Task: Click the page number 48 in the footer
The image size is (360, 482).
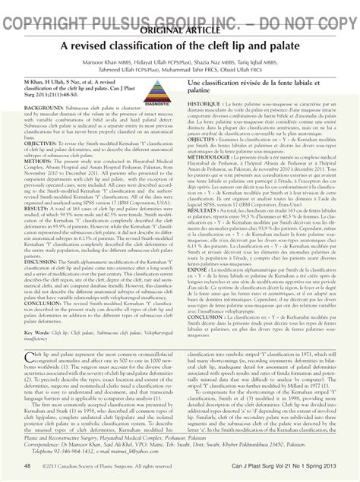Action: coord(27,465)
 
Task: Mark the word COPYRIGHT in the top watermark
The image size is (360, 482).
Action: coord(46,9)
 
